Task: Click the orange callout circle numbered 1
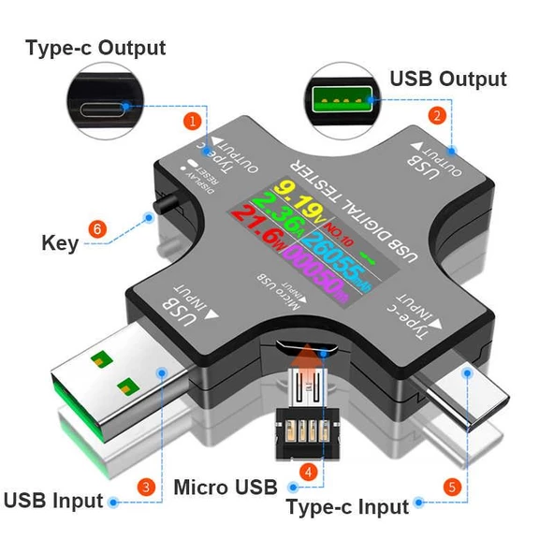193,120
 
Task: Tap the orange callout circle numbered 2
436,116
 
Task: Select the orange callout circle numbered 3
146,487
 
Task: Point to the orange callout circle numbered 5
450,487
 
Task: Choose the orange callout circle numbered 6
95,228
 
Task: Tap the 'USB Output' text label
447,79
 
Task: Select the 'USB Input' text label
52,500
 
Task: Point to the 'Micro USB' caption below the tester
226,487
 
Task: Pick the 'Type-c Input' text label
347,507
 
